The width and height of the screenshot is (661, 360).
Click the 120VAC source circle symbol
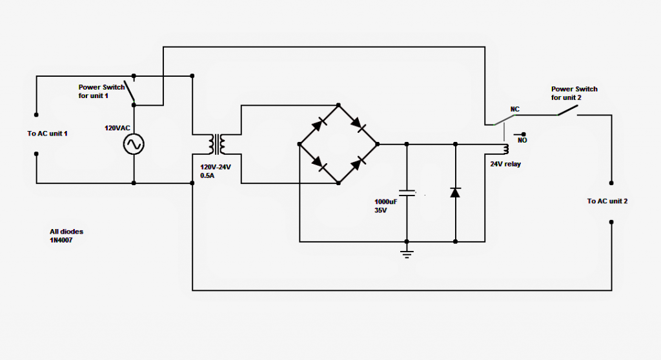[x=134, y=144]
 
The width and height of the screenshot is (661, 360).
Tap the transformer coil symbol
[x=217, y=145]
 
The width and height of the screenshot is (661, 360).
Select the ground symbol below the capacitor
[x=407, y=254]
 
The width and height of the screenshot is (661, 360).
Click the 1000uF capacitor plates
[x=407, y=193]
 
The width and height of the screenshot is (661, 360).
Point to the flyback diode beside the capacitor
[x=455, y=192]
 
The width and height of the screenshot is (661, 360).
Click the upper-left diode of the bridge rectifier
[x=319, y=125]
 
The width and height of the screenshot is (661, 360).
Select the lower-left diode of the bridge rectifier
[x=319, y=164]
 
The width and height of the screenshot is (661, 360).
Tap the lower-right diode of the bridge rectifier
[x=358, y=163]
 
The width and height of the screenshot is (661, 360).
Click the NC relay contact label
[x=514, y=109]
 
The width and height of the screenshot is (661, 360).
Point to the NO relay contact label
[x=522, y=141]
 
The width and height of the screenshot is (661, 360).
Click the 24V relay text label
[x=505, y=164]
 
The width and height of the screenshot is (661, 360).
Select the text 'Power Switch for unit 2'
[x=574, y=93]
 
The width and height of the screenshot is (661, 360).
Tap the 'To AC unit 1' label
[x=47, y=134]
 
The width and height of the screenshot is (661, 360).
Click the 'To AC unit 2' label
[x=607, y=201]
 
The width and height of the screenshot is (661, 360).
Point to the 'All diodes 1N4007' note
[x=66, y=235]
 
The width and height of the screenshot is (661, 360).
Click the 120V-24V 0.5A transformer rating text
[x=216, y=171]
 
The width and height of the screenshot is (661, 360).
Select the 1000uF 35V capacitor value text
[x=386, y=206]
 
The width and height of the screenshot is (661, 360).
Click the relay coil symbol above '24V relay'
[x=506, y=149]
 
